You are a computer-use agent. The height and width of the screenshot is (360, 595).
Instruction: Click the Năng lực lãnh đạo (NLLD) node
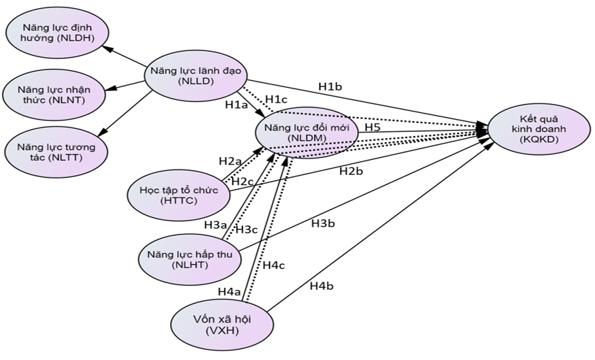[x=195, y=76]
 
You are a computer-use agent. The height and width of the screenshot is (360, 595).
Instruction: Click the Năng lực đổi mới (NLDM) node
[x=306, y=132]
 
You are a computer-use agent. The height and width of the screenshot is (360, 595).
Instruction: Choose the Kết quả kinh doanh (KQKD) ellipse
[x=537, y=129]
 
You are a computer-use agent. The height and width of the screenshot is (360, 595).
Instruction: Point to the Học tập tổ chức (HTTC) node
[x=178, y=195]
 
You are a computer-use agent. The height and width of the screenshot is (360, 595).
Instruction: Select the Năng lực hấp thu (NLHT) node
[x=190, y=259]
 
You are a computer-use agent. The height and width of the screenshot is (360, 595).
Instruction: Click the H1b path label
[x=330, y=86]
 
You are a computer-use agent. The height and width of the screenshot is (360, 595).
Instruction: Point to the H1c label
[x=276, y=99]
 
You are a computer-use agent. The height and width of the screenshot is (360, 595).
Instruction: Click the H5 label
[x=372, y=127]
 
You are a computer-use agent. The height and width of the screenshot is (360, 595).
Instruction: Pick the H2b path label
[x=351, y=171]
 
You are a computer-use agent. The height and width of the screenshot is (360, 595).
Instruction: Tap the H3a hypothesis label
[x=216, y=224]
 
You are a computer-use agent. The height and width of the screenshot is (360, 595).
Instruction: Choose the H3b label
[x=323, y=223]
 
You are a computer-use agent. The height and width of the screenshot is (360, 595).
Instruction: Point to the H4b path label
[x=321, y=286]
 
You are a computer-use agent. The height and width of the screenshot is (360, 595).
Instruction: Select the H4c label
[x=275, y=265]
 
